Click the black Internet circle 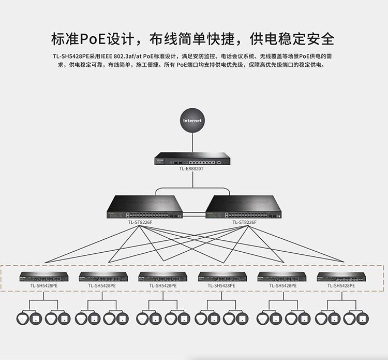[x=192, y=121]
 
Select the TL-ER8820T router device [x=192, y=159]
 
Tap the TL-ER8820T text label [x=192, y=169]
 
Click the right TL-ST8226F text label [x=244, y=223]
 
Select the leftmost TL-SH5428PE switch [x=43, y=277]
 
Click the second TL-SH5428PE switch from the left [x=103, y=277]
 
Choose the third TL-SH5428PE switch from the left [x=162, y=277]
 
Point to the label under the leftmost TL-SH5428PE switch [x=43, y=285]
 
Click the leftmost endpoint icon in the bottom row [x=23, y=318]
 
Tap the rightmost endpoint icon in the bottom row [x=364, y=318]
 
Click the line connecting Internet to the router [x=192, y=141]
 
